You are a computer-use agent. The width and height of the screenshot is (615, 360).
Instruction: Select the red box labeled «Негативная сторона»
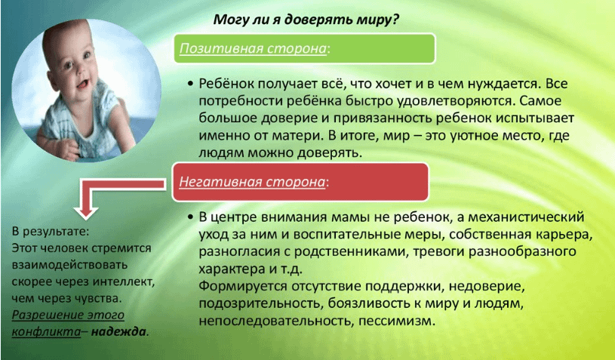[301, 182]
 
